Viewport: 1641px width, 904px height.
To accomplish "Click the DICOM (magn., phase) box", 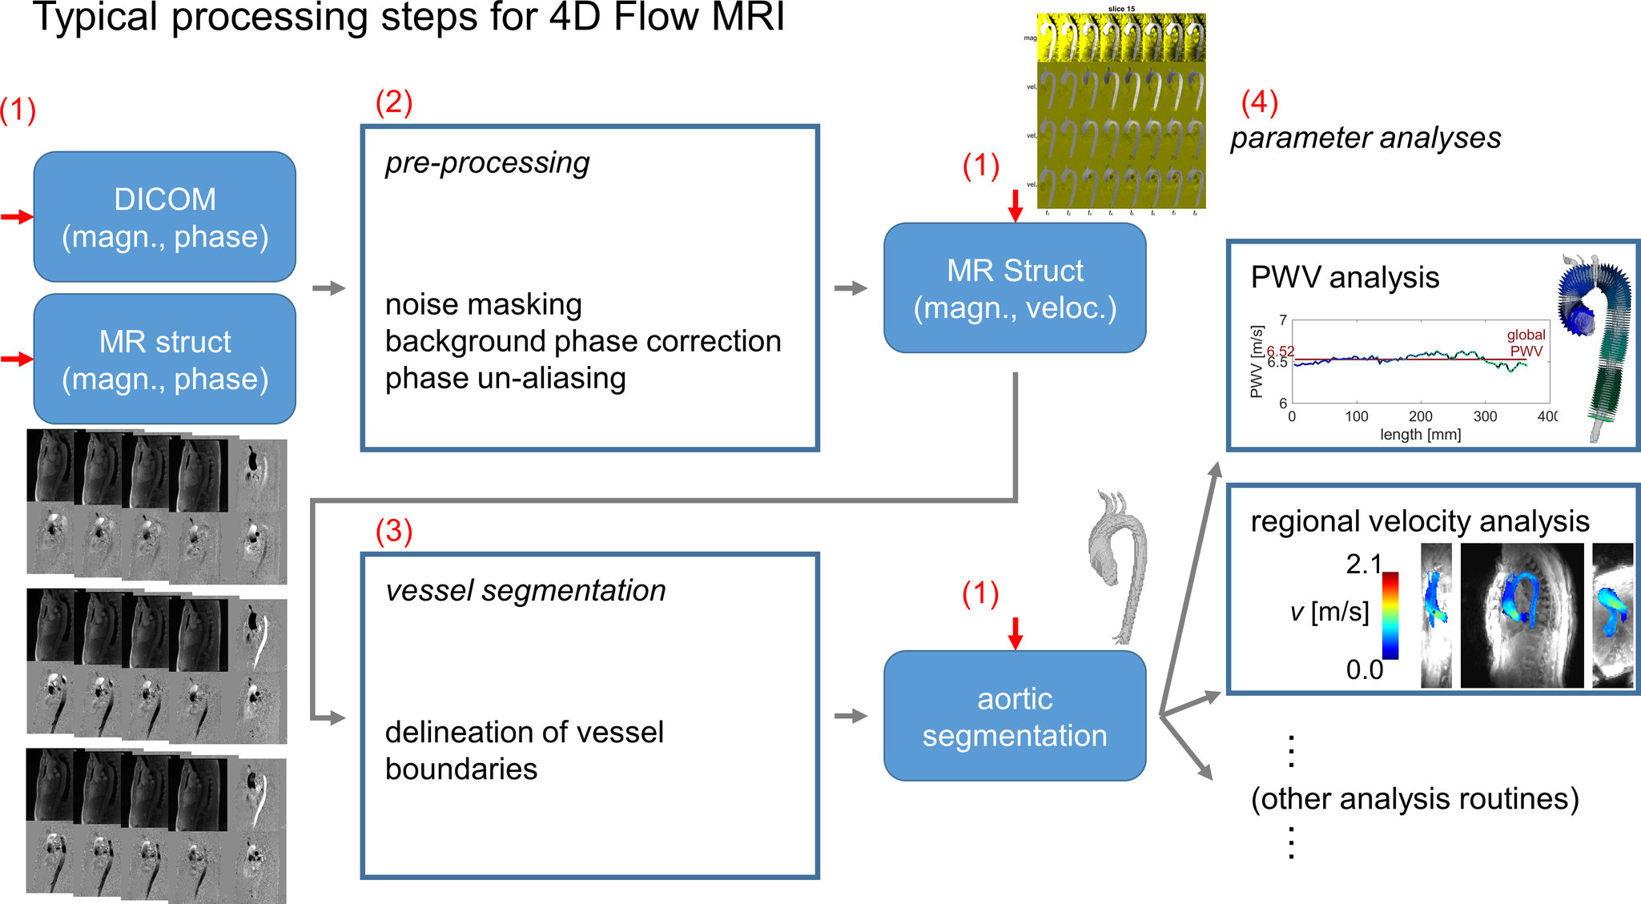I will [164, 217].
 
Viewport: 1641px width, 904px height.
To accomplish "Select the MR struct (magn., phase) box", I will [164, 360].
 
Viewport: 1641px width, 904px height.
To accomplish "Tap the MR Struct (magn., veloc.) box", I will [1015, 288].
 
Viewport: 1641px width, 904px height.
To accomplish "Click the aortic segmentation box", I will [1015, 716].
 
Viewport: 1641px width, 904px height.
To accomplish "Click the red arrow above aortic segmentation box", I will [1015, 633].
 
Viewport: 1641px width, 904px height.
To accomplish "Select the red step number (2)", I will [394, 102].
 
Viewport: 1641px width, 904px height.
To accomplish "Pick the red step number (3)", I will [394, 531].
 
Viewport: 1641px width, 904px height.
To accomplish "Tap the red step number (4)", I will [1259, 102].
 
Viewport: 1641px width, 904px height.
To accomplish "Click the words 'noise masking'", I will [483, 305].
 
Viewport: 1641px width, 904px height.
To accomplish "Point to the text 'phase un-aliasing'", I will [505, 379].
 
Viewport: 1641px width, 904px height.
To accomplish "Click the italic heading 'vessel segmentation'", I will [525, 591].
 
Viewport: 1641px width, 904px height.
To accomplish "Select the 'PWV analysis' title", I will [1345, 278].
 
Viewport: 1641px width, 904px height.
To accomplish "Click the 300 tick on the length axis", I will [1485, 416].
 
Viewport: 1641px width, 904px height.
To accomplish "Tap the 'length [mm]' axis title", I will [1420, 435].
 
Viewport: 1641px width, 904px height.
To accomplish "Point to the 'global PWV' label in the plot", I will [1526, 343].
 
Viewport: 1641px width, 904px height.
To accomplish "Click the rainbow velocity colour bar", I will [1390, 615].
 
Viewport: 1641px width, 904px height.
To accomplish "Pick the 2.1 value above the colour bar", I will [1363, 564].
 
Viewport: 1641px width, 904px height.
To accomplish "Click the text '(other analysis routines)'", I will [1414, 799].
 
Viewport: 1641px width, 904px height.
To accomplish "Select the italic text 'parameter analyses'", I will [1365, 139].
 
